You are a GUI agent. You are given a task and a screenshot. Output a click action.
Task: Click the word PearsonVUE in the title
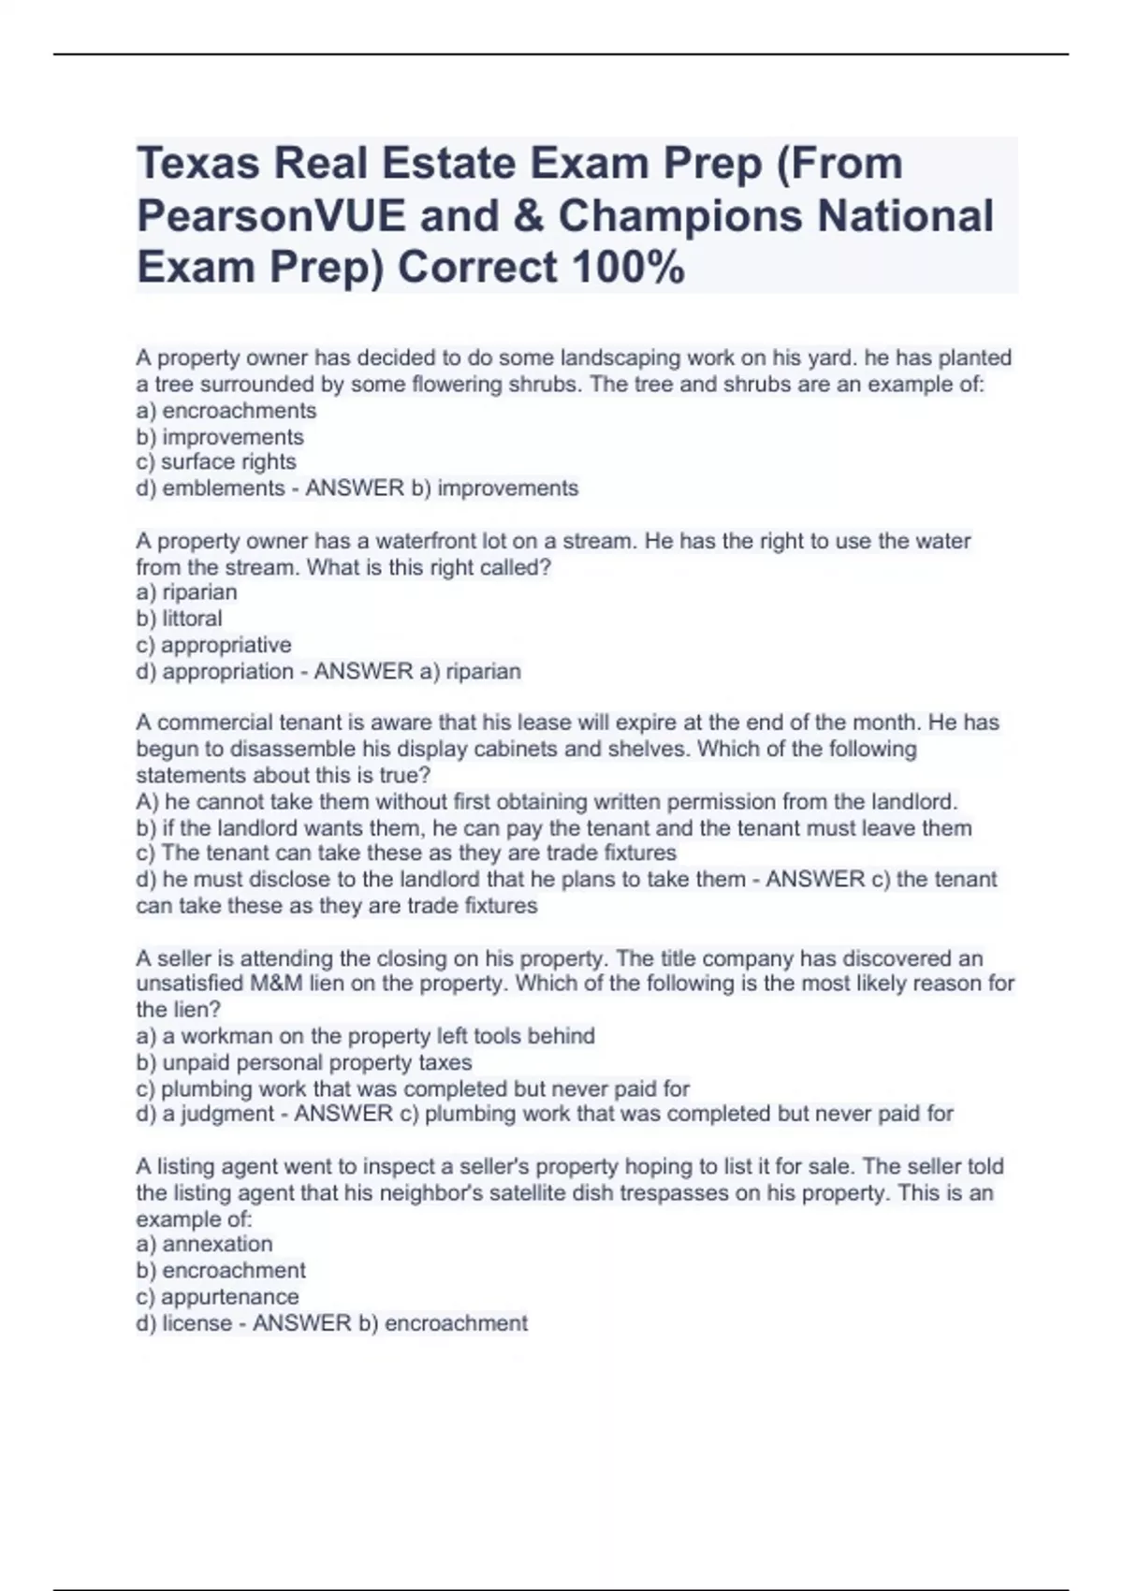tap(271, 216)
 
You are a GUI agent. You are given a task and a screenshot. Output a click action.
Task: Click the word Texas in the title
tap(197, 164)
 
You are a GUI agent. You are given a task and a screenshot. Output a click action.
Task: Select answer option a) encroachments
tap(226, 411)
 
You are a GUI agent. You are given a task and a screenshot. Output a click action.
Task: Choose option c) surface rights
tap(216, 462)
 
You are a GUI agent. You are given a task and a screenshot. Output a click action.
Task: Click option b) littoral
tap(180, 619)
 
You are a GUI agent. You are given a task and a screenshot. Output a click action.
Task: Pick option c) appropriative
tap(214, 645)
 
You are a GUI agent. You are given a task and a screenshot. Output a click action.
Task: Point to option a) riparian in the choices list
tap(187, 592)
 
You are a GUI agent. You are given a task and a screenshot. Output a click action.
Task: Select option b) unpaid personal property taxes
tap(304, 1062)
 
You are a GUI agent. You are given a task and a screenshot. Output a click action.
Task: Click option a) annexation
tap(205, 1244)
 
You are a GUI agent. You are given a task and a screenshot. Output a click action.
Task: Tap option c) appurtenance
tap(218, 1297)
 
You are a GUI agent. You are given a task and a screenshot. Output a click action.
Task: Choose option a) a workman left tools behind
tap(366, 1036)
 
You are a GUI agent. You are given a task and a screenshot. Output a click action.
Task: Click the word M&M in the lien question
tap(279, 984)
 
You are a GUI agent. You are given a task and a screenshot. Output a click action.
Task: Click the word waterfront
tap(416, 541)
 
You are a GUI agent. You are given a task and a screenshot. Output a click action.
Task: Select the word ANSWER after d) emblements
tap(355, 489)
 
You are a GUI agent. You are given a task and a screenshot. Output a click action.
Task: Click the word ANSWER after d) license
tap(302, 1323)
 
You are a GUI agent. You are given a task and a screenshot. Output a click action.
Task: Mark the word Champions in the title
tap(680, 216)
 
